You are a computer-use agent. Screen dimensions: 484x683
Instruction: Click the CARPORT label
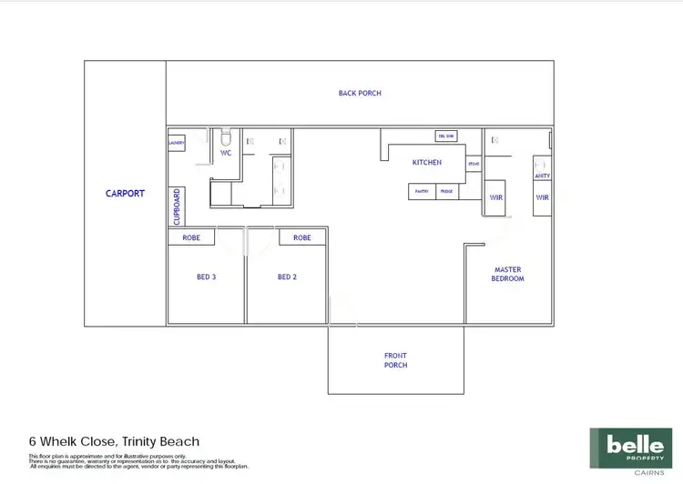point(125,194)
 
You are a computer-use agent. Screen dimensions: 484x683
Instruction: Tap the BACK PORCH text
point(360,93)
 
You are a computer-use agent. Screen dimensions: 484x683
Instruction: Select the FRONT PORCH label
point(395,360)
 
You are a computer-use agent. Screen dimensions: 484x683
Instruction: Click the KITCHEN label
point(426,163)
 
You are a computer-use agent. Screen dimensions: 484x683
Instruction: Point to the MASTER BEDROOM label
point(508,274)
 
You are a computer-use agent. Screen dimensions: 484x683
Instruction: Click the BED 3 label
point(206,277)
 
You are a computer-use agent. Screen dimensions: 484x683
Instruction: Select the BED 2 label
point(287,277)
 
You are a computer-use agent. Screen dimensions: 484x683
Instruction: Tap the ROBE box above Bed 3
point(191,237)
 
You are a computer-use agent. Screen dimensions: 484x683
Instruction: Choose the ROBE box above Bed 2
point(302,237)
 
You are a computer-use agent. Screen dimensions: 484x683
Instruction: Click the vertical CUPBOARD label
point(177,207)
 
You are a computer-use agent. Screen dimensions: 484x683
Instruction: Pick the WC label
point(226,154)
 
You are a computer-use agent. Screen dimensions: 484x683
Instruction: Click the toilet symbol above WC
point(227,138)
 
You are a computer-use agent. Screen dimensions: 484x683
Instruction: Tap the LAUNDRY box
point(177,143)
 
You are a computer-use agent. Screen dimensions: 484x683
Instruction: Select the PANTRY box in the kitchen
point(422,192)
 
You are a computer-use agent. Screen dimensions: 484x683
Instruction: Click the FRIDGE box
point(446,192)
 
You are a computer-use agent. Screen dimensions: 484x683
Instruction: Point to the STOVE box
point(474,165)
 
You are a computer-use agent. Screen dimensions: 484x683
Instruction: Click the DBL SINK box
point(446,136)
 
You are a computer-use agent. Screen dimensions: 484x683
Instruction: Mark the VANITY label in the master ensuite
point(543,176)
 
